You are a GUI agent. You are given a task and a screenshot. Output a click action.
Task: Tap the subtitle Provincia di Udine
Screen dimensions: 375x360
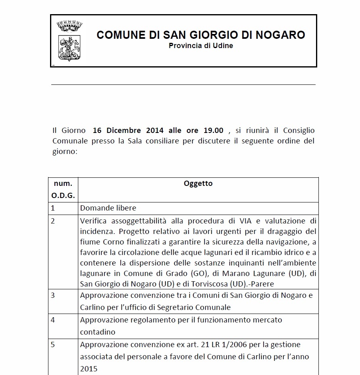click(201, 46)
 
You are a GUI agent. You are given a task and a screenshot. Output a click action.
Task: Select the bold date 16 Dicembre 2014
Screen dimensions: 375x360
click(128, 131)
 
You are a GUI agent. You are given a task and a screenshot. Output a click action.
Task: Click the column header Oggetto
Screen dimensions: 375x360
click(198, 183)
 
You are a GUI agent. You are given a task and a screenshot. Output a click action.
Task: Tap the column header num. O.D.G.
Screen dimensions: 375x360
click(63, 190)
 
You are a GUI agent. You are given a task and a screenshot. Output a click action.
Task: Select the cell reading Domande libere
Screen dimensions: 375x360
click(108, 208)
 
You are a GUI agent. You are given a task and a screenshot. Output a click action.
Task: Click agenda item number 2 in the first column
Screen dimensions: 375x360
click(53, 221)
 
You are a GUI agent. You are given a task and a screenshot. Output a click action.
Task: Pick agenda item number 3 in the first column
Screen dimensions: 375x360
click(53, 295)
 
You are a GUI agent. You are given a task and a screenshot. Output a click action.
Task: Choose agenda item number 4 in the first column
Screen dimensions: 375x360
click(53, 320)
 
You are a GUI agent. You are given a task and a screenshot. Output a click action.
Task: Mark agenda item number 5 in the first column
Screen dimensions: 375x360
click(53, 345)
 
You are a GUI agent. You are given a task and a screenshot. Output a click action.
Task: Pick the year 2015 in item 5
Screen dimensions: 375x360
click(89, 369)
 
